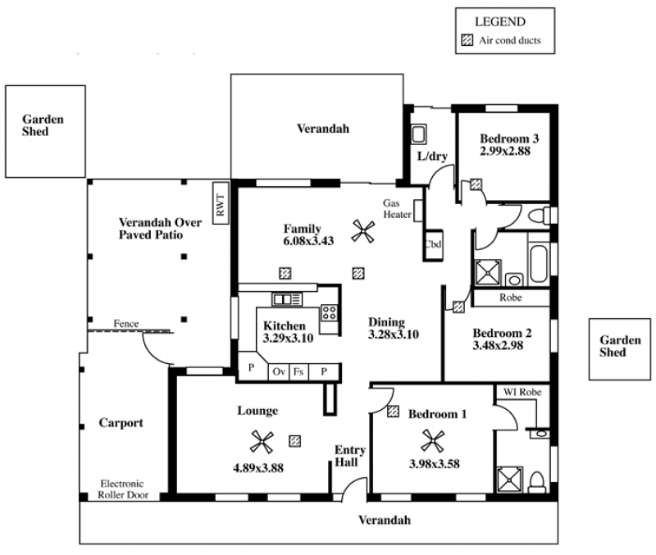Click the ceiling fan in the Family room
(362, 231)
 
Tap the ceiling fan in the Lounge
(262, 442)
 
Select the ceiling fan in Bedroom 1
(433, 441)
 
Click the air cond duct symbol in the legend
(467, 40)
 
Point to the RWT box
(221, 202)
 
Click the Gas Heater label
(397, 209)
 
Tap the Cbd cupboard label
(433, 243)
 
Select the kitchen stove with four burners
(329, 312)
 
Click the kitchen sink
(287, 299)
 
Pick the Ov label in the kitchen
(279, 371)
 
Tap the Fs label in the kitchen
(298, 371)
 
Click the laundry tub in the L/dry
(418, 134)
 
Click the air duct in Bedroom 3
(476, 184)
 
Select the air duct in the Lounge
(295, 441)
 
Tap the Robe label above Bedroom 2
(510, 298)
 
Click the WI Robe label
(522, 392)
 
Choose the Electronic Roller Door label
(123, 489)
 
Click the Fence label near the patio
(126, 323)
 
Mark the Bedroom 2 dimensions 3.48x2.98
(498, 345)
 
